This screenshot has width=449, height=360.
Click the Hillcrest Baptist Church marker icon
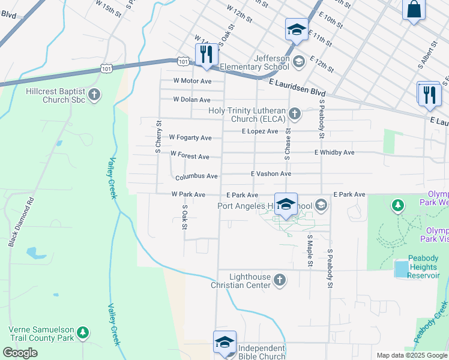point(94,94)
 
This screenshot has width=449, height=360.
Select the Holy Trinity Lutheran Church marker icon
point(294,113)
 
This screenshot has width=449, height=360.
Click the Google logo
point(20,352)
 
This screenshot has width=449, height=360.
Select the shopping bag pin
point(414,10)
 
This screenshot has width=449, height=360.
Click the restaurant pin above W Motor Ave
point(205,54)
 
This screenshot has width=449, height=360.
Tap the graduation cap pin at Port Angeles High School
point(286,204)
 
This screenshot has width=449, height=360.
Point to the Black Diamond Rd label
point(22,223)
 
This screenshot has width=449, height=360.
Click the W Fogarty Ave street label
point(190,138)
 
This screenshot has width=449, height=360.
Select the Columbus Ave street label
point(196,177)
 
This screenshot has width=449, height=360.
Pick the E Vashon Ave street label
point(271,173)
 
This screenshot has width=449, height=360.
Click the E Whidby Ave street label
point(334,152)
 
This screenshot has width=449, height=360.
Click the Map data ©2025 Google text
point(412,355)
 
